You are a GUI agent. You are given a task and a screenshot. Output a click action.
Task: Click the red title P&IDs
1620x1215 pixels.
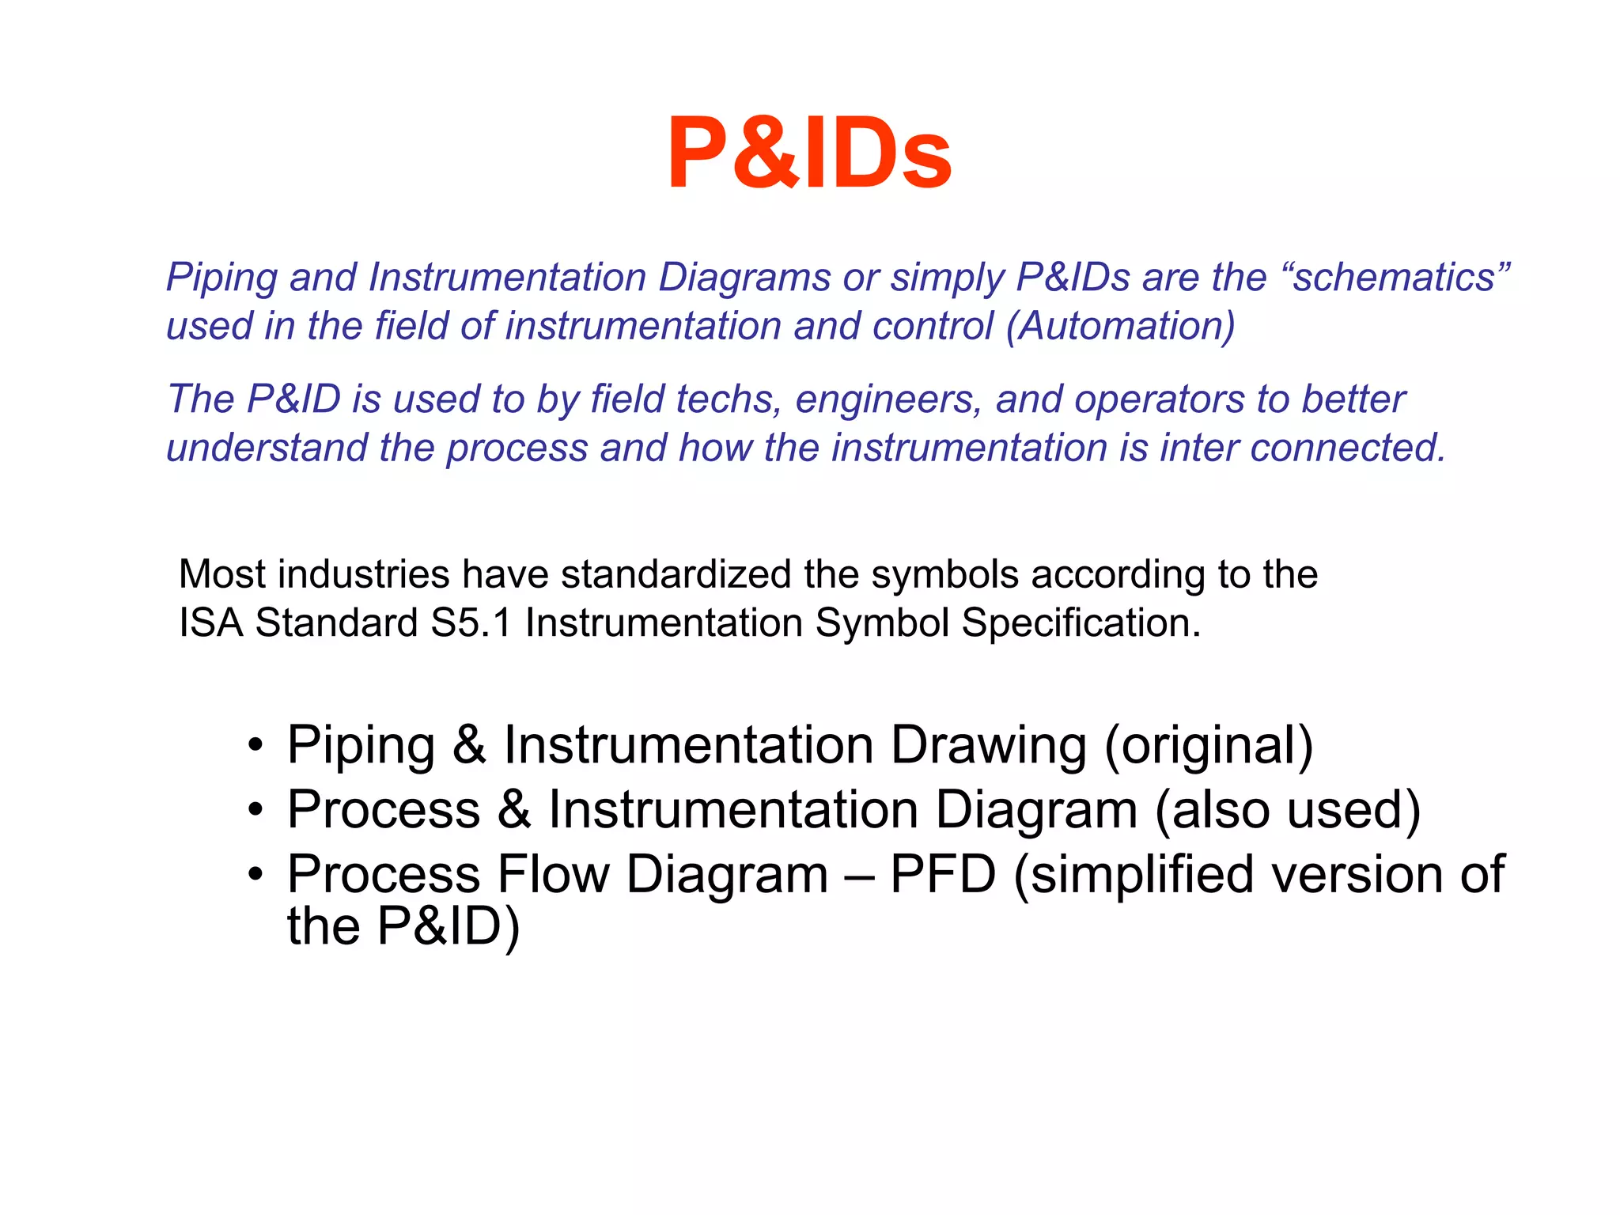pyautogui.click(x=809, y=153)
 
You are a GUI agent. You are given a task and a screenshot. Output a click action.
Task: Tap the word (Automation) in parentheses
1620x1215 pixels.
pyautogui.click(x=1120, y=326)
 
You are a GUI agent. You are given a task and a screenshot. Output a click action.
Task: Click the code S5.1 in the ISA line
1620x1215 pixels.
pyautogui.click(x=471, y=623)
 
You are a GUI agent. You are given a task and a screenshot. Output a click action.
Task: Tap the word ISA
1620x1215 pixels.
pyautogui.click(x=210, y=623)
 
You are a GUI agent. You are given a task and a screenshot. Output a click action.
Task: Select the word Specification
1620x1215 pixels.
pyautogui.click(x=1081, y=623)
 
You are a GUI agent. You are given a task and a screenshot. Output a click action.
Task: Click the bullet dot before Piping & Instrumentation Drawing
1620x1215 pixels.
pyautogui.click(x=254, y=746)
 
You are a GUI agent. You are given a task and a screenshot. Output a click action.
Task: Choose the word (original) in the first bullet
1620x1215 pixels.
pyautogui.click(x=1208, y=746)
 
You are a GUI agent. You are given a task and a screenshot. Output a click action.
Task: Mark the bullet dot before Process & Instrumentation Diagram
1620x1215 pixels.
pyautogui.click(x=254, y=811)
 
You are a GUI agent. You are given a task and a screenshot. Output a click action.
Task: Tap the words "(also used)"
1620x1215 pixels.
pyautogui.click(x=1287, y=811)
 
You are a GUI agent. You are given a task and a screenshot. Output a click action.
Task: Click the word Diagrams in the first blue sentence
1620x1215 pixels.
pyautogui.click(x=744, y=278)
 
